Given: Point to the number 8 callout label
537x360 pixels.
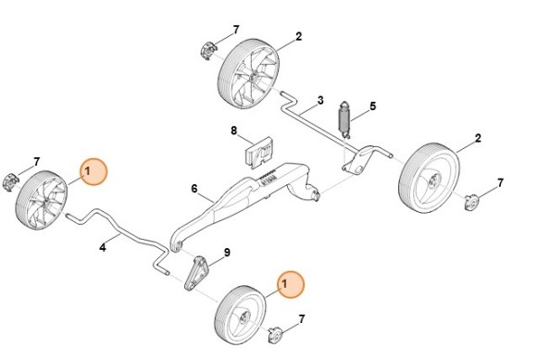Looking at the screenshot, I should tap(233, 130).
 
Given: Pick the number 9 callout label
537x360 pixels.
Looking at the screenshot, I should tap(227, 253).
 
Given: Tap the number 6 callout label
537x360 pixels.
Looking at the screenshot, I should tap(194, 189).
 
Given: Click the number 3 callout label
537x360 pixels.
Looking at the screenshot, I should tap(319, 100).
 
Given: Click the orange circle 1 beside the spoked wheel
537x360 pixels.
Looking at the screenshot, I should tap(93, 172).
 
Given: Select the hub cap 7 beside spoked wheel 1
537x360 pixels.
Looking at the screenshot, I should tap(12, 179).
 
